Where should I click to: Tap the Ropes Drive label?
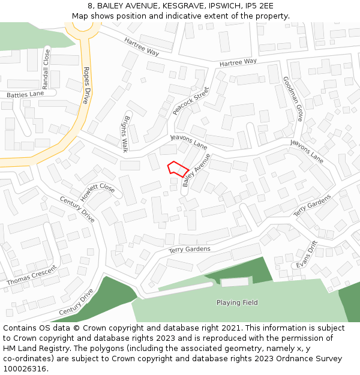[x=86, y=85]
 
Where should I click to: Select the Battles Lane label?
[x=25, y=94]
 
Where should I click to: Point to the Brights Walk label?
[x=125, y=133]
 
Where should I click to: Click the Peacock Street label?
[x=191, y=101]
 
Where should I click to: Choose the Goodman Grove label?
[x=292, y=99]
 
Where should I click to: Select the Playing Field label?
[x=237, y=302]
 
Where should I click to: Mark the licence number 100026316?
[x=25, y=369]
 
